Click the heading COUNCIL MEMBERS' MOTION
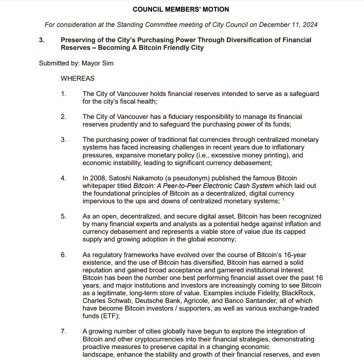(x=181, y=9)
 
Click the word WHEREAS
(x=78, y=79)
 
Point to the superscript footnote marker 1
(x=283, y=199)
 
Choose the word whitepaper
(x=98, y=186)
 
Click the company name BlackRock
(x=302, y=293)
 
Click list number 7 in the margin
(x=63, y=331)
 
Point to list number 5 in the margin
(x=63, y=216)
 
